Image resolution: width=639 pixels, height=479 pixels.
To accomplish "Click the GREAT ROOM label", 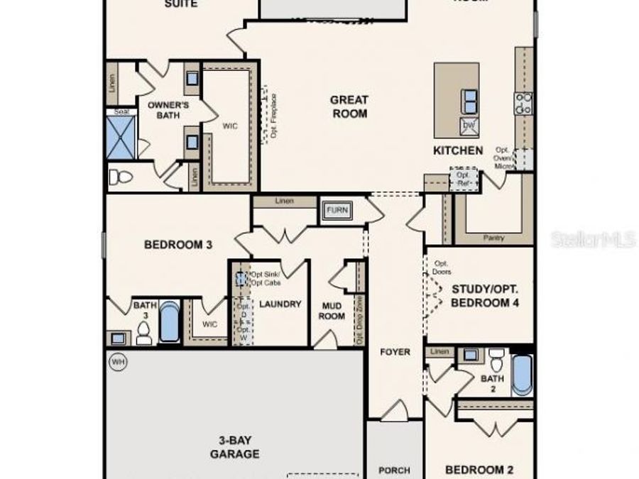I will pyautogui.click(x=349, y=106).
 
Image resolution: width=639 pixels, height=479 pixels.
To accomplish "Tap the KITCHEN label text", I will pyautogui.click(x=458, y=150).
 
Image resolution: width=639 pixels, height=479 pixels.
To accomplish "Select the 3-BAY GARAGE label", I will pyautogui.click(x=234, y=447).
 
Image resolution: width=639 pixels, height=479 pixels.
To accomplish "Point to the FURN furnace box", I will pyautogui.click(x=337, y=210).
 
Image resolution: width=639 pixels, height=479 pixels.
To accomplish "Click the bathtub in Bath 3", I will pyautogui.click(x=169, y=323).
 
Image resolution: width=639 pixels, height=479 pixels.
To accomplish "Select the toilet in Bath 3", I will pyautogui.click(x=144, y=331).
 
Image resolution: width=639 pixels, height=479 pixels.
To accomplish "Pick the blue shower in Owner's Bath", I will pyautogui.click(x=121, y=137).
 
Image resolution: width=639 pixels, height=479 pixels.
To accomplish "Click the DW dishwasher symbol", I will pyautogui.click(x=468, y=126).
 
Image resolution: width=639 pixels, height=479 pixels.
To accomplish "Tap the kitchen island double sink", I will pyautogui.click(x=469, y=101).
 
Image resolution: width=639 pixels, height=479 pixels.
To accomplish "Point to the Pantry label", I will pyautogui.click(x=493, y=238).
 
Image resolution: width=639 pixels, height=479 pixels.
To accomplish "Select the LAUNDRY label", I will pyautogui.click(x=280, y=304).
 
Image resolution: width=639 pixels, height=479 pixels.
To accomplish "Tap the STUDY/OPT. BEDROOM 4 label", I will pyautogui.click(x=486, y=295).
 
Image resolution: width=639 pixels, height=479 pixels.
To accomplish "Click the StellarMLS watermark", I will pyautogui.click(x=593, y=240).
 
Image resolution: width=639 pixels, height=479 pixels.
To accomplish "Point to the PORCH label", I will pyautogui.click(x=394, y=470).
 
